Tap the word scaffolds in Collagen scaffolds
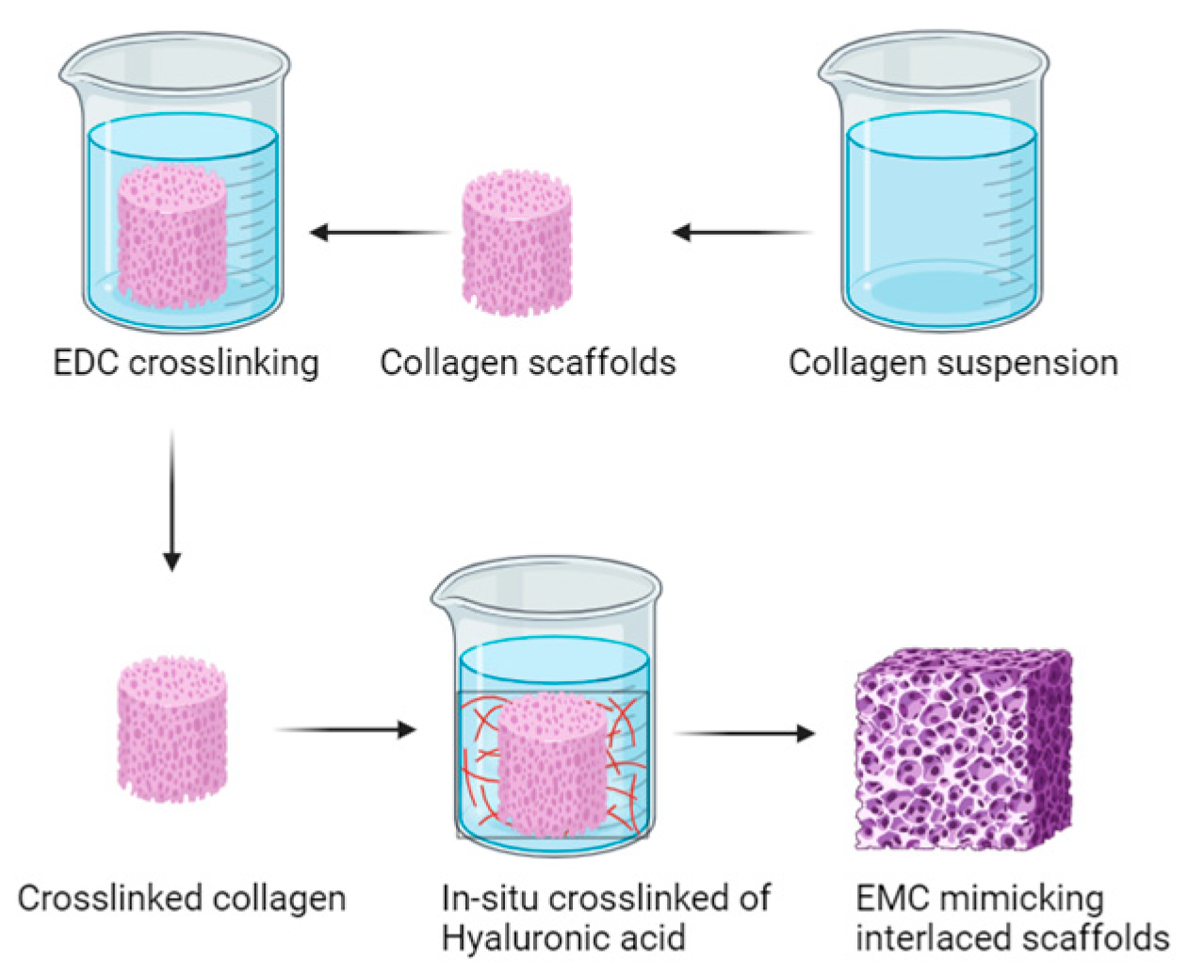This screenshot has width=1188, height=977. (x=600, y=363)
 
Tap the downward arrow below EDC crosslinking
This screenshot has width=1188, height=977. (x=171, y=499)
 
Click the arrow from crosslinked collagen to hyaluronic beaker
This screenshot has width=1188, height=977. (x=345, y=729)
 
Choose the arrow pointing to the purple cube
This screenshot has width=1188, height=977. (x=744, y=733)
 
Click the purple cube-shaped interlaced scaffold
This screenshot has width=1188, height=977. (x=963, y=749)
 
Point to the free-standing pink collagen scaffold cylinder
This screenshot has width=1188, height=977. (x=517, y=243)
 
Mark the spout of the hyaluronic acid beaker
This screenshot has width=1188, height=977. (x=444, y=594)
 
